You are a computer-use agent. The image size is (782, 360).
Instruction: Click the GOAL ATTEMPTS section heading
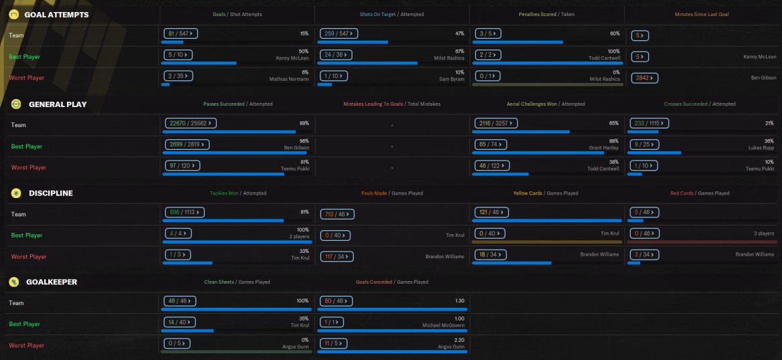tap(56, 14)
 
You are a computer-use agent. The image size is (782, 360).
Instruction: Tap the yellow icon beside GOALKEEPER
tap(13, 282)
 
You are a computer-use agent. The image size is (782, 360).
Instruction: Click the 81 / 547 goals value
tap(178, 33)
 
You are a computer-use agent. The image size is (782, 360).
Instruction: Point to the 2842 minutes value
tap(644, 78)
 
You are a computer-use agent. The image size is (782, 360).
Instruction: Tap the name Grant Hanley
tap(605, 147)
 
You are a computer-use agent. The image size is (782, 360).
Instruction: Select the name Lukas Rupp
tap(761, 147)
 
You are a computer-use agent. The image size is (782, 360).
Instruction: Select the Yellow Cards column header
tap(545, 193)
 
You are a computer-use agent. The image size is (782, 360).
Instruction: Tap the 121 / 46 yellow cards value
tap(490, 212)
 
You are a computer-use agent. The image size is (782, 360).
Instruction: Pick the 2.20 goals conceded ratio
tap(458, 340)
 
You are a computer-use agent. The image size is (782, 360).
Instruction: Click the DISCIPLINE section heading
tap(51, 193)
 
